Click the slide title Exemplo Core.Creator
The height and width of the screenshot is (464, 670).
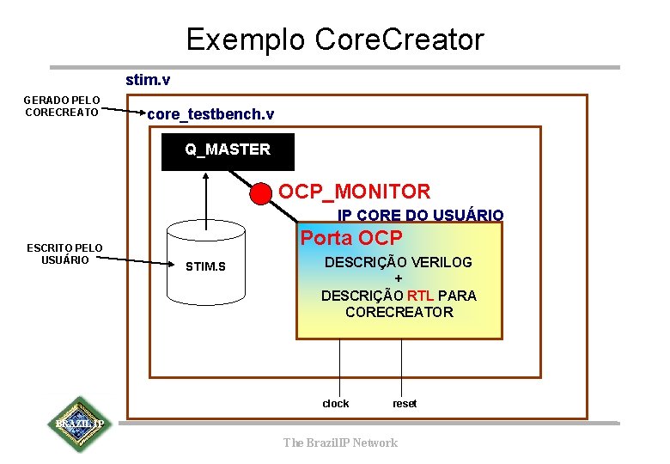[335, 40]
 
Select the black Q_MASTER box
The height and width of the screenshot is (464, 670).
[228, 151]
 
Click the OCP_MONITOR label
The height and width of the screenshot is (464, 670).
[354, 192]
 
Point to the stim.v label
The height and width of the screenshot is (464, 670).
[148, 80]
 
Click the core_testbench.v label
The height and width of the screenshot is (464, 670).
[210, 114]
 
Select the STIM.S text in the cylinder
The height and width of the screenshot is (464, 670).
[205, 266]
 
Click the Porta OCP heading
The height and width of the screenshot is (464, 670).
[350, 238]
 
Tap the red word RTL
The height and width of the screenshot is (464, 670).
[420, 296]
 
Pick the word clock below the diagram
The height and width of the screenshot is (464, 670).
[336, 404]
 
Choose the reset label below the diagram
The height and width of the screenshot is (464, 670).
[405, 404]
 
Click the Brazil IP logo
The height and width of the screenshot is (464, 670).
[79, 424]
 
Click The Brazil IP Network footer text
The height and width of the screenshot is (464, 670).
[340, 443]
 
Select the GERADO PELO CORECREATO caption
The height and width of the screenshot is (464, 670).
[62, 105]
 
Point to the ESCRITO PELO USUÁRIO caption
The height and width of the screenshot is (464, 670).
[64, 254]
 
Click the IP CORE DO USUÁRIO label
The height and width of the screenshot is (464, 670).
[420, 215]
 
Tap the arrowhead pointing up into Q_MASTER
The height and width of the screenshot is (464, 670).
[205, 177]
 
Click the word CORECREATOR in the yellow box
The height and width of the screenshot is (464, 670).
[399, 312]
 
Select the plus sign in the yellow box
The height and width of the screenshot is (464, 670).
[398, 279]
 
